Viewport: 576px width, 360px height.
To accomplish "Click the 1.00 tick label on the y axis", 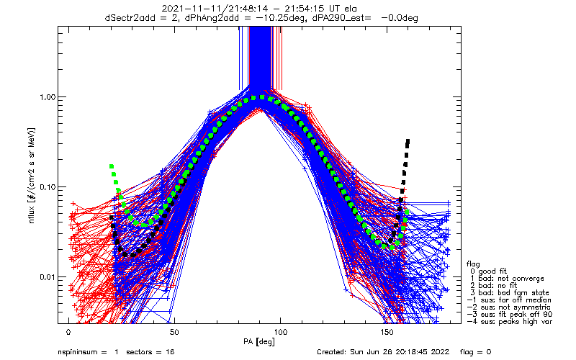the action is click(48, 97).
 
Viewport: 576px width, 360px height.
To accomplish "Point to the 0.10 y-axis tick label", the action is click(48, 187).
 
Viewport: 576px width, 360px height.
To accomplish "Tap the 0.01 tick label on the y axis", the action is click(48, 277).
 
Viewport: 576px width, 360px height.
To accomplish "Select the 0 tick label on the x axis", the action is click(68, 332).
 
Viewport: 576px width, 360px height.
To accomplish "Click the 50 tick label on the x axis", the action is click(174, 332).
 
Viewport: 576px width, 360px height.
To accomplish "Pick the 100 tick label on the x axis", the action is click(280, 332).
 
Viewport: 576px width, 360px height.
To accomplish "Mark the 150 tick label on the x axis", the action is click(386, 332).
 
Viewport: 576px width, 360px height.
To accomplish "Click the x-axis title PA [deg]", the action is click(259, 342).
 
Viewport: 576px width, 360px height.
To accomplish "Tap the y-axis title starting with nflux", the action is click(32, 176).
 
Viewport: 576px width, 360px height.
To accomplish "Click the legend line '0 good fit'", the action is click(489, 271).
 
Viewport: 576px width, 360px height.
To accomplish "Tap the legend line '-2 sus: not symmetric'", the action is click(509, 307).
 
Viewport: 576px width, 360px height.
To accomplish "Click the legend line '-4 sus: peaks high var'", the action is click(510, 321).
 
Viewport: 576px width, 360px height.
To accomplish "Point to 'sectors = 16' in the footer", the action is click(150, 352).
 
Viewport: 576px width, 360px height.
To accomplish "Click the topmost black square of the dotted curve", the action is click(408, 141).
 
